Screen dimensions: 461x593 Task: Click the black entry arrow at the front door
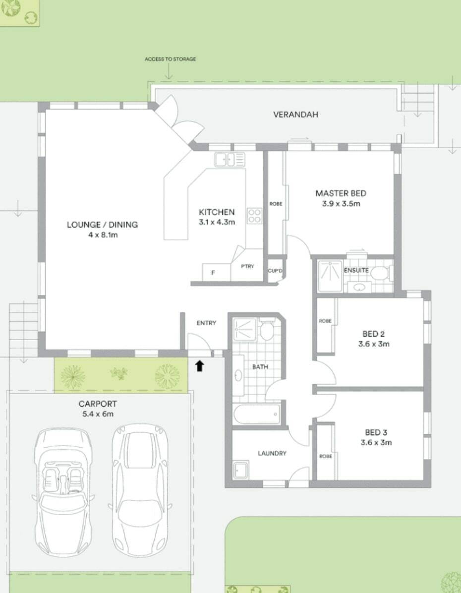(200, 366)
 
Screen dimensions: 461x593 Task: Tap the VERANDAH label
(295, 114)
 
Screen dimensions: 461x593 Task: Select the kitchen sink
(230, 159)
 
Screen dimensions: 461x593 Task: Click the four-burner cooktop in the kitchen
(254, 216)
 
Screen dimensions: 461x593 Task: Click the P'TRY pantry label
(248, 266)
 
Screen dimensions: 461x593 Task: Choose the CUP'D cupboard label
(275, 271)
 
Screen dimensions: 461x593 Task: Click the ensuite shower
(330, 276)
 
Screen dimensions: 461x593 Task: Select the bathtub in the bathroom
(257, 414)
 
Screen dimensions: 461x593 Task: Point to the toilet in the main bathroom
(268, 329)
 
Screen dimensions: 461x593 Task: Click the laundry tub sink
(241, 470)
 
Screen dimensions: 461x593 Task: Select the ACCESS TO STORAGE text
(170, 59)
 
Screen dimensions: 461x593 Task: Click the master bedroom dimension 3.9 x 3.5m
(341, 203)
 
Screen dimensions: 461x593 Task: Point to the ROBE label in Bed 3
(326, 456)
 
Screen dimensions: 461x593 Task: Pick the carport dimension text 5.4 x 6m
(98, 414)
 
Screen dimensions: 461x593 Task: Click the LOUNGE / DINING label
(102, 224)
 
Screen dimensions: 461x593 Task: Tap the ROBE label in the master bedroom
(276, 204)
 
